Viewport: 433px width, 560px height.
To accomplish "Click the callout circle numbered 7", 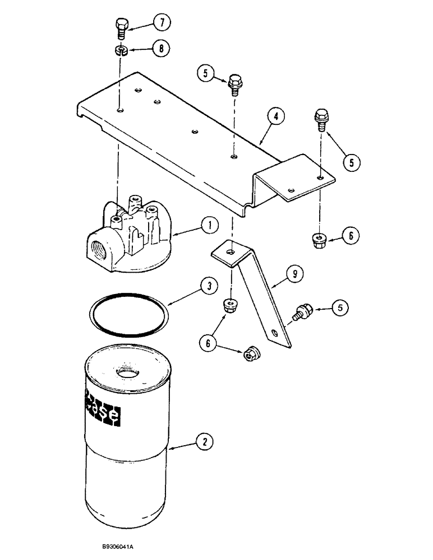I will (x=162, y=23).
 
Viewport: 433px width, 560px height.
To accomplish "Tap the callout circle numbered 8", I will (x=162, y=49).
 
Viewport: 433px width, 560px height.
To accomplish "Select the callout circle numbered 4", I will (x=275, y=116).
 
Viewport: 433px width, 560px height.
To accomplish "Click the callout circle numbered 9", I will (x=296, y=273).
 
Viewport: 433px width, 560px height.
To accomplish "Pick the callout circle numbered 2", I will (x=206, y=442).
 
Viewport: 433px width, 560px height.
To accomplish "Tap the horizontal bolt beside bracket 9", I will (x=303, y=311).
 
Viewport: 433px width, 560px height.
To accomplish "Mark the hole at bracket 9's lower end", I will (x=274, y=333).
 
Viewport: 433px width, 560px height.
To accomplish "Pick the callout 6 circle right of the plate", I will (x=350, y=236).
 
